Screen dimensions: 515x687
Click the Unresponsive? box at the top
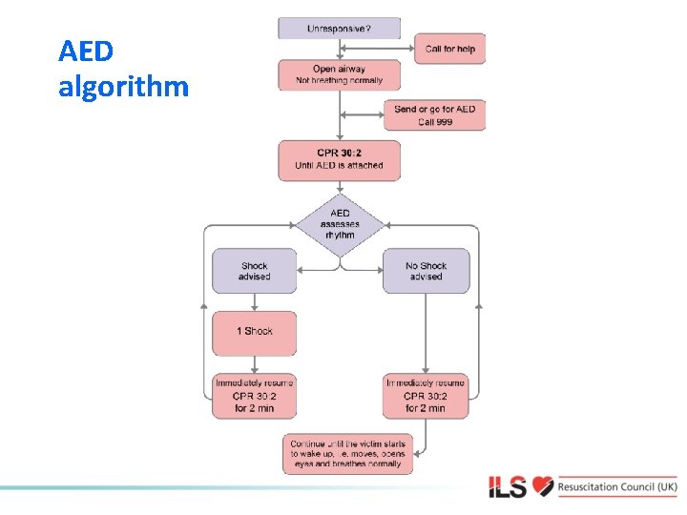340,29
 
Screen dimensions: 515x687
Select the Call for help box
449,49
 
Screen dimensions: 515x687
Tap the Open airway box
340,75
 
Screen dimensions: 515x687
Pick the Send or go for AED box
434,115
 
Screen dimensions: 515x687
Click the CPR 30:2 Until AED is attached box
340,160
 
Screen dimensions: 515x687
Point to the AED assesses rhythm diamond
340,225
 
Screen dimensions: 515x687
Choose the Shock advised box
255,271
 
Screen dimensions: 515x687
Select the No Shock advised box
426,271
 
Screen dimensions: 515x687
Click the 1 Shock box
255,332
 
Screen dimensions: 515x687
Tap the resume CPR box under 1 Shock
255,395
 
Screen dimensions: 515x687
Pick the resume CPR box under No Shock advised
426,395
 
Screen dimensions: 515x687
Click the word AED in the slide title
85,51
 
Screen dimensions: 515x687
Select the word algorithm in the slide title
124,88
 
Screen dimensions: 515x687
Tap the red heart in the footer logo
543,486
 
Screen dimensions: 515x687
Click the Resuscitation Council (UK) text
618,486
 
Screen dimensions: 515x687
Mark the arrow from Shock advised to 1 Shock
255,302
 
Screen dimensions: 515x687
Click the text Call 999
434,123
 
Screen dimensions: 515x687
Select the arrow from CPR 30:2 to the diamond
340,188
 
